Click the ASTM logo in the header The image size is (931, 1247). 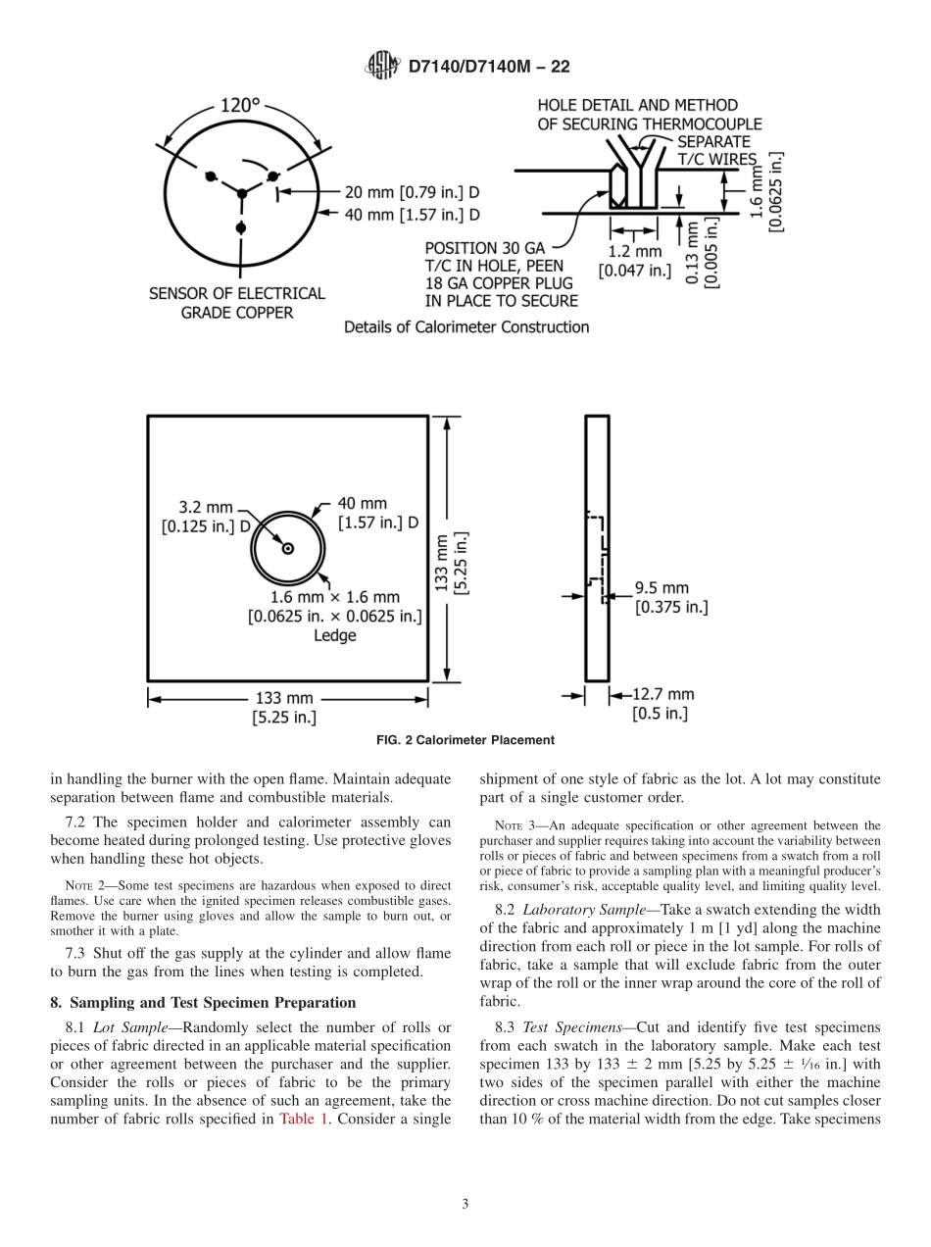[x=382, y=66]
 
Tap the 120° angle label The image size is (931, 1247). [x=240, y=105]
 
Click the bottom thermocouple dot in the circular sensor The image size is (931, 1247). [x=241, y=227]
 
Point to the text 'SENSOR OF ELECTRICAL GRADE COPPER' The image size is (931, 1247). [x=237, y=303]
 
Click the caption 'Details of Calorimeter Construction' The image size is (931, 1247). [x=466, y=327]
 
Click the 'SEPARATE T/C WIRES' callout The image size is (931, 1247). [x=716, y=150]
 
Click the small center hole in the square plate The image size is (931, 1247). [x=288, y=549]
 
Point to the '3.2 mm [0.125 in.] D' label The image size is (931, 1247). [x=207, y=517]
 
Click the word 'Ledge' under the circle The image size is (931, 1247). [x=334, y=635]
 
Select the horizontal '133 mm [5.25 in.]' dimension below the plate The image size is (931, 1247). [x=283, y=708]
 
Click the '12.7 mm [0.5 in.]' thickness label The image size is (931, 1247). [x=662, y=704]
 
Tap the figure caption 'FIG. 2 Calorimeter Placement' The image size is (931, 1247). [x=465, y=740]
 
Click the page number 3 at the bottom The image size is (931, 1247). [x=465, y=1204]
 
